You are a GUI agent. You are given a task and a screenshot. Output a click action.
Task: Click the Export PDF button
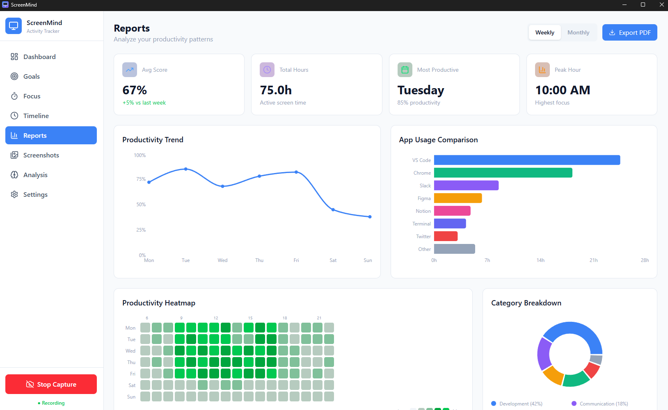coord(629,32)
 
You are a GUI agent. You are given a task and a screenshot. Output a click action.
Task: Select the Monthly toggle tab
coord(578,32)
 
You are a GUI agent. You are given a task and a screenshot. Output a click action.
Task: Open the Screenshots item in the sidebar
coord(41,155)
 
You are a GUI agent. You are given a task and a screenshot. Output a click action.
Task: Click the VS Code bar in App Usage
coord(527,160)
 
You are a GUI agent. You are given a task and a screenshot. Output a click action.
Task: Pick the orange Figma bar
coord(458,198)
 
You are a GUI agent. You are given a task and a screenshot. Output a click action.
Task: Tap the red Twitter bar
coord(446,236)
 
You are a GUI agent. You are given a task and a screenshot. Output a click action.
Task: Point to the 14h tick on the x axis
coord(540,260)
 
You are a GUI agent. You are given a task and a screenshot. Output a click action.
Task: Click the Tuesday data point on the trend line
coord(186,169)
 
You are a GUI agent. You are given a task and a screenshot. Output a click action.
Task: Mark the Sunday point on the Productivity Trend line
coord(370,217)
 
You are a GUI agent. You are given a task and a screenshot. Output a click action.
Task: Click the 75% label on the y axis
coord(141,179)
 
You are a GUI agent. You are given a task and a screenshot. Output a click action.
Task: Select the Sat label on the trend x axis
coord(333,260)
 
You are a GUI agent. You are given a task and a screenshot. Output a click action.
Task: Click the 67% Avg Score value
coord(135,90)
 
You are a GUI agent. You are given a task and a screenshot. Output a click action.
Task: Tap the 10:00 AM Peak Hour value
coord(563,90)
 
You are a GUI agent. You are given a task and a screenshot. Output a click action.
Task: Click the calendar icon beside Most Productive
coord(405,70)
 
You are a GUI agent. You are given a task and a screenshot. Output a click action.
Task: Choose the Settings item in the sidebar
coord(35,194)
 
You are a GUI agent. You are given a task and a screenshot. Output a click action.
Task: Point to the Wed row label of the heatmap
coord(130,351)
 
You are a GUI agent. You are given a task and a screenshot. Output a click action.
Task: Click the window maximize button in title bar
coord(643,5)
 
